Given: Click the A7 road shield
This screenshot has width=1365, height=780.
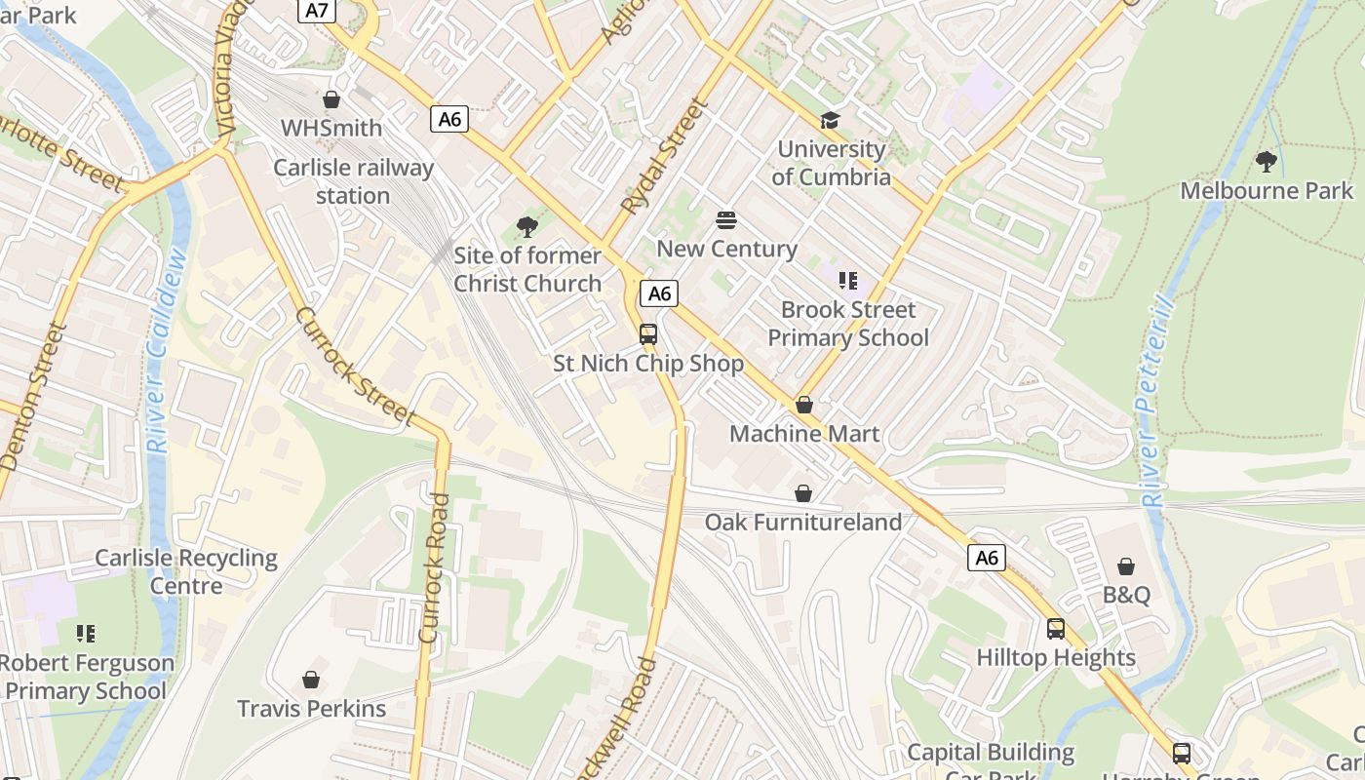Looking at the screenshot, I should (x=317, y=11).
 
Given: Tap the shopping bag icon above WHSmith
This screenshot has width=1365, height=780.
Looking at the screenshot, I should (x=331, y=99).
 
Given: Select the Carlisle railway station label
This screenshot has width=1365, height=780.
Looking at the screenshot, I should (x=353, y=181).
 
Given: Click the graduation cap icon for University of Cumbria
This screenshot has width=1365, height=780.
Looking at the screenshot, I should (x=830, y=120).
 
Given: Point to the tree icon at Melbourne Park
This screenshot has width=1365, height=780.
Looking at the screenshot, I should (x=1267, y=161).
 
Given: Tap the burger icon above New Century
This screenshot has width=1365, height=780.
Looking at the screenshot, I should (x=726, y=219).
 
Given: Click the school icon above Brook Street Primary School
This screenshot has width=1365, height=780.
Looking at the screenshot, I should (x=848, y=281).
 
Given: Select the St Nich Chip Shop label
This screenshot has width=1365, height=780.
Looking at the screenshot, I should (x=648, y=364).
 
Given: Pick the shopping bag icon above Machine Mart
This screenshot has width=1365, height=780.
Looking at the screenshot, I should (x=804, y=404).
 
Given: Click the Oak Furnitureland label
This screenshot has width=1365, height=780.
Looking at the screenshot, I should (x=803, y=523).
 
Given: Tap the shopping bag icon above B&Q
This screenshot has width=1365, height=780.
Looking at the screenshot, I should (x=1126, y=566).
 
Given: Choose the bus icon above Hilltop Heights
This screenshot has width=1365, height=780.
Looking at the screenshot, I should (x=1056, y=629).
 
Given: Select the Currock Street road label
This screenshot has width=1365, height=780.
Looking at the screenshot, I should (x=355, y=367).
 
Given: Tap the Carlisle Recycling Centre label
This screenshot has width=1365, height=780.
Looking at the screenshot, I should (x=186, y=571).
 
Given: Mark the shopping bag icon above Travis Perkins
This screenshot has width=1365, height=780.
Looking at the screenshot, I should (x=311, y=680).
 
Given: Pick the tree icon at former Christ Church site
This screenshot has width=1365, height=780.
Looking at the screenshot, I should (x=527, y=227).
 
